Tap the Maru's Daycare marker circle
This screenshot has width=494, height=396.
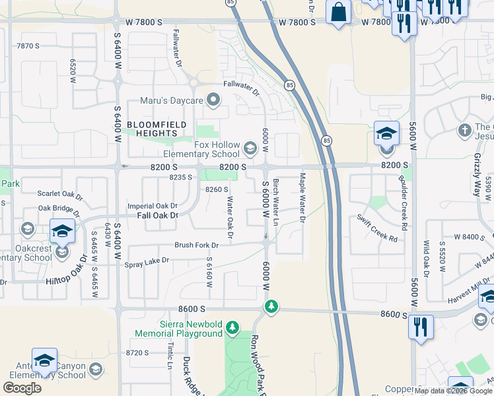click(213, 101)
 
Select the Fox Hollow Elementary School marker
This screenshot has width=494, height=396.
click(250, 147)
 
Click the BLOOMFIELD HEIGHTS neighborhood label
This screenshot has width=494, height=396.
click(157, 128)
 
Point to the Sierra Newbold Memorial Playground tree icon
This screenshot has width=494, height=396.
click(232, 327)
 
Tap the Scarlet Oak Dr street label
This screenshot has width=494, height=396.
click(60, 196)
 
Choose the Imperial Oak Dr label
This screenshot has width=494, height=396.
click(153, 206)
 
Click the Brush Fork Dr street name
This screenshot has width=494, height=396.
click(196, 245)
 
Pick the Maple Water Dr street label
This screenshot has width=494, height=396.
click(302, 197)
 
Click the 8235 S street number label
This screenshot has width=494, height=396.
click(181, 177)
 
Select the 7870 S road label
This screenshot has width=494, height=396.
click(28, 46)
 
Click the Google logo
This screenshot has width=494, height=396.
click(22, 387)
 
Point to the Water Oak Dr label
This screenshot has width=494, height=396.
click(230, 214)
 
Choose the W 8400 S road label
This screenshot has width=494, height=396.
click(466, 236)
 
